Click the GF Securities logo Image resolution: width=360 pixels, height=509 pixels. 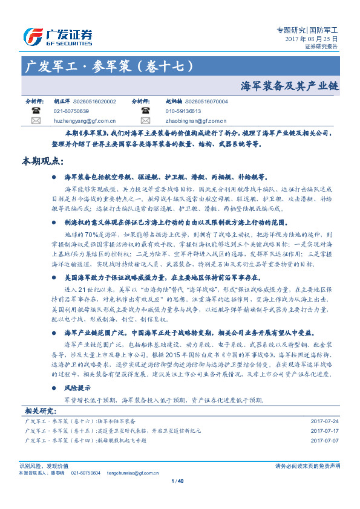57,36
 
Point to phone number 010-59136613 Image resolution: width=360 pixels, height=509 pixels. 183,111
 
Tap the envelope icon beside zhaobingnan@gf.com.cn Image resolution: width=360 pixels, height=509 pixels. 145,120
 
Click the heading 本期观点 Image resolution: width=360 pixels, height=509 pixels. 42,161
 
